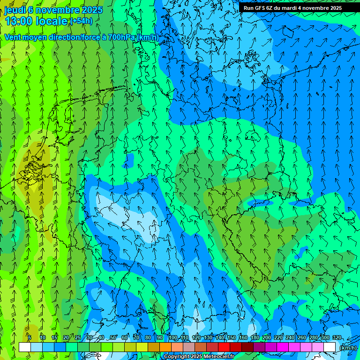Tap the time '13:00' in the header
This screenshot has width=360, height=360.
click(x=19, y=21)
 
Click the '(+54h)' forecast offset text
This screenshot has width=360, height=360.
click(x=81, y=21)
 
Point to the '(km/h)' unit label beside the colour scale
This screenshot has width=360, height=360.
click(x=347, y=347)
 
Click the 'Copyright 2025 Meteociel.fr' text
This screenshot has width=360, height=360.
click(x=199, y=357)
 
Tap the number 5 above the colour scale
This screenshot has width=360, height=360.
click(x=30, y=338)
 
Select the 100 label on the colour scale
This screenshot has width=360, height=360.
click(x=173, y=338)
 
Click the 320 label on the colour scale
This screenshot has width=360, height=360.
click(x=337, y=338)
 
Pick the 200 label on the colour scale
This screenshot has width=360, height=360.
click(x=267, y=338)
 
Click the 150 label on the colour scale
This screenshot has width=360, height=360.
click(x=232, y=338)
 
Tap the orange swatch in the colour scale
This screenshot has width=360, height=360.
click(x=165, y=347)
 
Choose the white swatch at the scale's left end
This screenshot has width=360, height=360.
click(x=25, y=347)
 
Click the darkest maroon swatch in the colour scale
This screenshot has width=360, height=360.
click(x=247, y=347)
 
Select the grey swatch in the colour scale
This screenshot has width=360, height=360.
click(x=189, y=347)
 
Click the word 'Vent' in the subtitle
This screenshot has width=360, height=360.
click(x=13, y=37)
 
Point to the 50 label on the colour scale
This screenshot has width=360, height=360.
click(x=113, y=338)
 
